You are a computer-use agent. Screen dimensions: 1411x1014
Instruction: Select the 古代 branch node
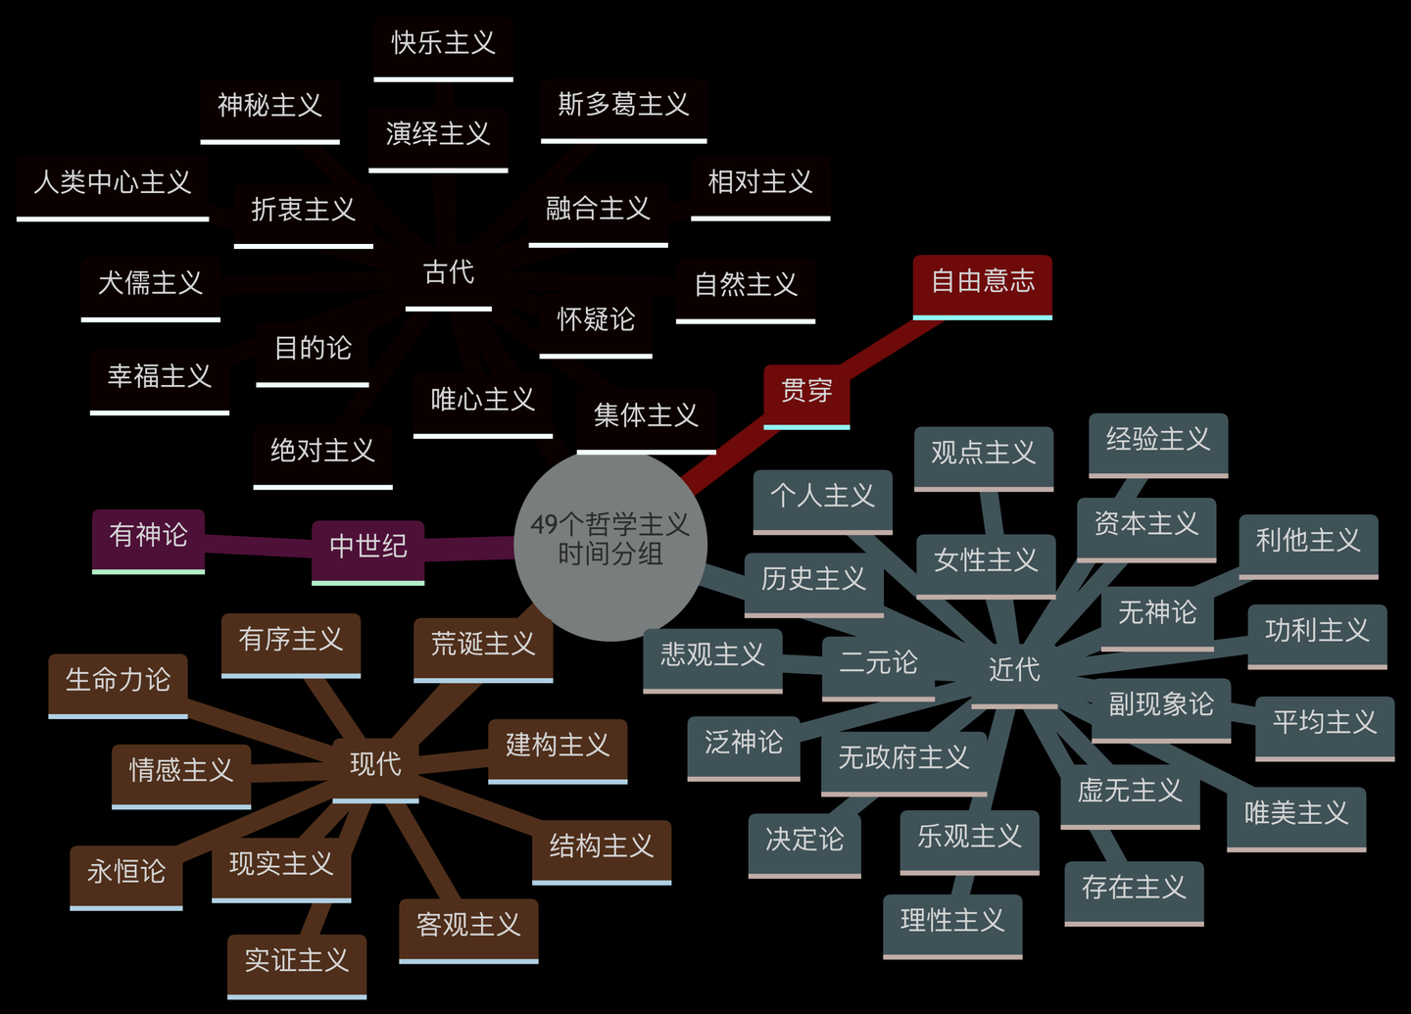tap(449, 273)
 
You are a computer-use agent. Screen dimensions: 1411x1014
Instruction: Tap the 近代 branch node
tap(1014, 670)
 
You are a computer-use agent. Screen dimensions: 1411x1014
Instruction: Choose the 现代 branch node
tap(375, 764)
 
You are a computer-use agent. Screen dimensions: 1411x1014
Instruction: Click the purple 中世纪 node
tap(368, 547)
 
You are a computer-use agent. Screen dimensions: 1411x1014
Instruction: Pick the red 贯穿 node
tap(806, 391)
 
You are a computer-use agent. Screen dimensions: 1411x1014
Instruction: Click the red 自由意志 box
tap(983, 282)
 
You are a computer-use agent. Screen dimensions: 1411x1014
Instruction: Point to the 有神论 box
tap(149, 536)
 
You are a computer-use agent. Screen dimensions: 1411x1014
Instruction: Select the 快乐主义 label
tap(443, 44)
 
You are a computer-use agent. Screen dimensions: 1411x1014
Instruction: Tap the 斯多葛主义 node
tap(624, 106)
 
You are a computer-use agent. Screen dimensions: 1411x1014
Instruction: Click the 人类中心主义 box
tap(113, 183)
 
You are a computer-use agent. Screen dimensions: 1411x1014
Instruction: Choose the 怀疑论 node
tap(596, 320)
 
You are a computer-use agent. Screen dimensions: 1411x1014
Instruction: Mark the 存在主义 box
tap(1134, 889)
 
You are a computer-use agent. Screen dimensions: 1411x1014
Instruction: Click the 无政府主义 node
tap(903, 758)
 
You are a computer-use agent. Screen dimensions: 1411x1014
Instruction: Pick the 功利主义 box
tap(1317, 631)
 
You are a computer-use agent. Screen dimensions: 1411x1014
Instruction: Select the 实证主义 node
tap(297, 961)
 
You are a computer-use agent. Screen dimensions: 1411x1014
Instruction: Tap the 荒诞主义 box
tap(483, 645)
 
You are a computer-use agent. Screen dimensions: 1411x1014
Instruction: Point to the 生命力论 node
tap(118, 680)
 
